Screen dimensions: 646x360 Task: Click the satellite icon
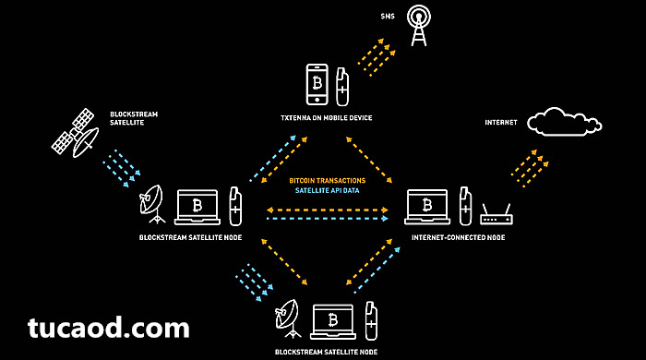pyautogui.click(x=76, y=133)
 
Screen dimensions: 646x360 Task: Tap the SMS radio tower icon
pyautogui.click(x=419, y=25)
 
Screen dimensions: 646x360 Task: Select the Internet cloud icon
pyautogui.click(x=565, y=122)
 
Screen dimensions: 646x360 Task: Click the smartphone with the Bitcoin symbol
pyautogui.click(x=317, y=84)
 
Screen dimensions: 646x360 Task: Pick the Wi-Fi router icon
pyautogui.click(x=496, y=214)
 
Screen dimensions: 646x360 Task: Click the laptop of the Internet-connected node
pyautogui.click(x=427, y=207)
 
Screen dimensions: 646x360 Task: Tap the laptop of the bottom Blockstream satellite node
pyautogui.click(x=333, y=322)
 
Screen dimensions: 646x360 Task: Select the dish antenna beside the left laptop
pyautogui.click(x=151, y=204)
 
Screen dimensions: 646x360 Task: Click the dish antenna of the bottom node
pyautogui.click(x=288, y=318)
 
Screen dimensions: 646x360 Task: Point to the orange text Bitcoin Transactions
pyautogui.click(x=327, y=180)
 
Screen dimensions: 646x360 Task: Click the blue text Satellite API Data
pyautogui.click(x=327, y=190)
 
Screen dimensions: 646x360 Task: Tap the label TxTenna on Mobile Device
pyautogui.click(x=327, y=118)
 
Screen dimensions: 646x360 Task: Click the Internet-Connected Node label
pyautogui.click(x=458, y=237)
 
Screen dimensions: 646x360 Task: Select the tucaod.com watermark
pyautogui.click(x=109, y=328)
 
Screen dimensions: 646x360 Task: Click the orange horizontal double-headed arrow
pyautogui.click(x=328, y=210)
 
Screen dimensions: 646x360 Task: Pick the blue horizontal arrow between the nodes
pyautogui.click(x=328, y=219)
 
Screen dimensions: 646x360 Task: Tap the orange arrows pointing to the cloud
pyautogui.click(x=531, y=169)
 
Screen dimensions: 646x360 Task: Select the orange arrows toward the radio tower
pyautogui.click(x=377, y=57)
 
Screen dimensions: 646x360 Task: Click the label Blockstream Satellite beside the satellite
pyautogui.click(x=134, y=118)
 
